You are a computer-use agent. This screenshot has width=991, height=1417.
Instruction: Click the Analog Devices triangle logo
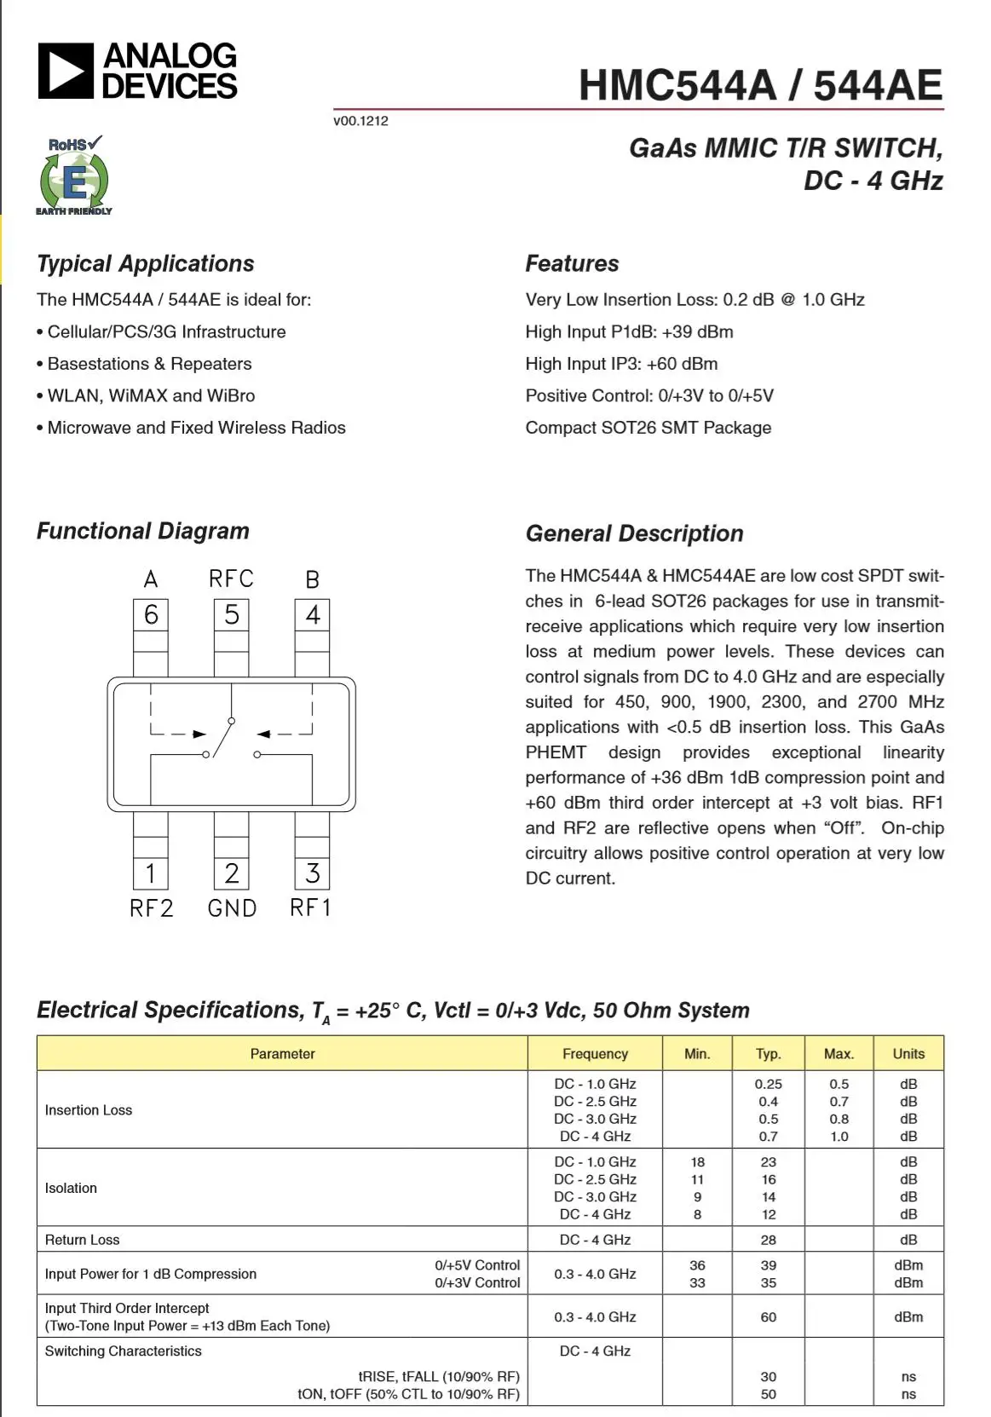click(x=65, y=72)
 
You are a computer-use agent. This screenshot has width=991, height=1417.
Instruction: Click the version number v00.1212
click(x=360, y=121)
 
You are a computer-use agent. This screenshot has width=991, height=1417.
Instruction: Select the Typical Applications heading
click(x=146, y=264)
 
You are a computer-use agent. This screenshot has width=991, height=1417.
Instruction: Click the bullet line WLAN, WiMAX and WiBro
click(x=151, y=395)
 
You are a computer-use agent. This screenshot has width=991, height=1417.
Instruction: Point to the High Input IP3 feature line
click(x=621, y=364)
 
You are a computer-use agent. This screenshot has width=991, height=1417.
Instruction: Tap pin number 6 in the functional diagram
click(x=151, y=614)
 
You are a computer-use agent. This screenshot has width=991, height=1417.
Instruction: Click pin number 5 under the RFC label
click(x=231, y=614)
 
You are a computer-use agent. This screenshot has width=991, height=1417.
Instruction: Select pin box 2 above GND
click(x=231, y=873)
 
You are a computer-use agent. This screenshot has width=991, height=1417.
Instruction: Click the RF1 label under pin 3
click(x=310, y=908)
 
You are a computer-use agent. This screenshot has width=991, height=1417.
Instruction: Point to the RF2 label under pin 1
click(x=151, y=908)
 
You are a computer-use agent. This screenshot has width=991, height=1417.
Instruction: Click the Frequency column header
click(x=595, y=1054)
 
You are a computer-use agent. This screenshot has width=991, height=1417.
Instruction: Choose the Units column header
click(x=908, y=1054)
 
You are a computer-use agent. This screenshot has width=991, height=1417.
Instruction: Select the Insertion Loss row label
click(x=89, y=1110)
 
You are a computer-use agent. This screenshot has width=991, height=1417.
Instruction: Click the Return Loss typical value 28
click(x=769, y=1240)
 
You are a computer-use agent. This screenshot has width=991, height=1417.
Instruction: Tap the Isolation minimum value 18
click(x=698, y=1162)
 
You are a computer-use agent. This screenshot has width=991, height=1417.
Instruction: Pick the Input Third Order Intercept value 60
click(x=769, y=1317)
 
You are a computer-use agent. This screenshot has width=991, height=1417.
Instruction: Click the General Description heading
click(x=634, y=534)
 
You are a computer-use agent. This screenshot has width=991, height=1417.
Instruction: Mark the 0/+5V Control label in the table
click(x=477, y=1265)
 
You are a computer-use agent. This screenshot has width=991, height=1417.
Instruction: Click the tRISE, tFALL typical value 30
click(x=769, y=1377)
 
